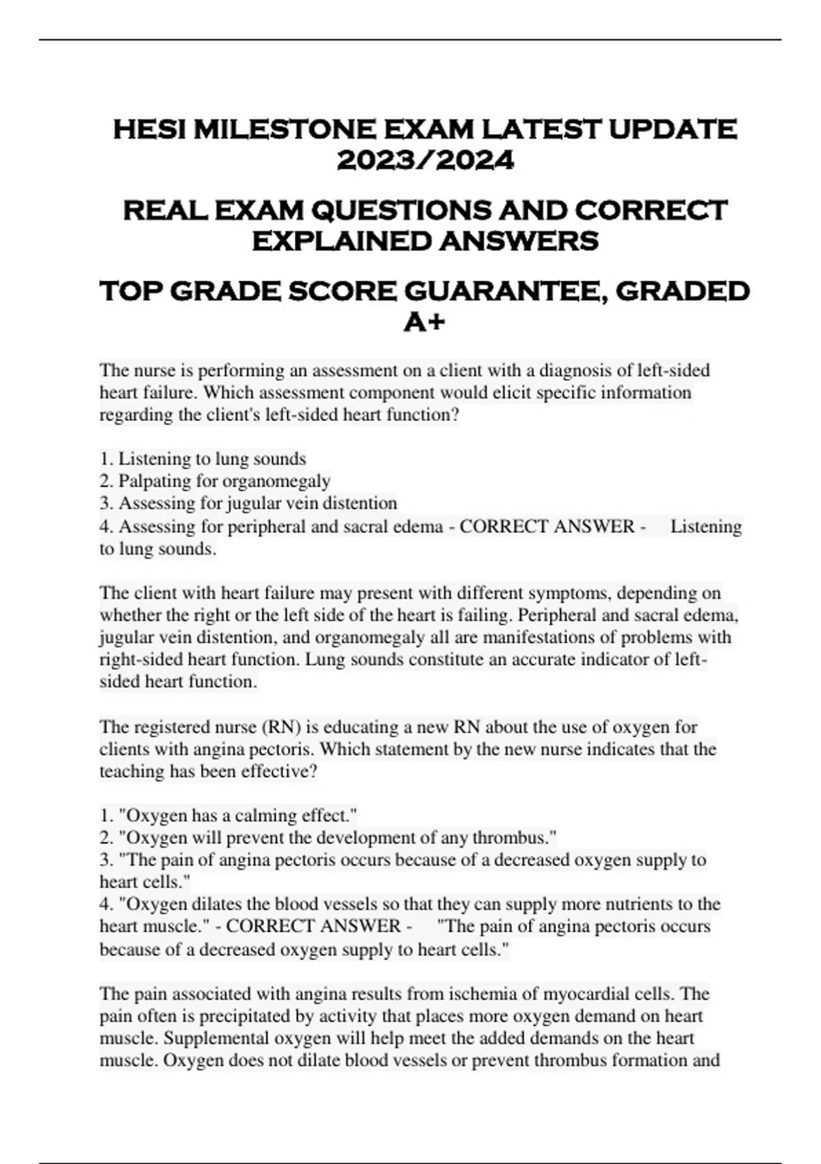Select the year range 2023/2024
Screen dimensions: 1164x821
(x=425, y=162)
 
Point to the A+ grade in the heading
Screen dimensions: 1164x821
(x=425, y=322)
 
